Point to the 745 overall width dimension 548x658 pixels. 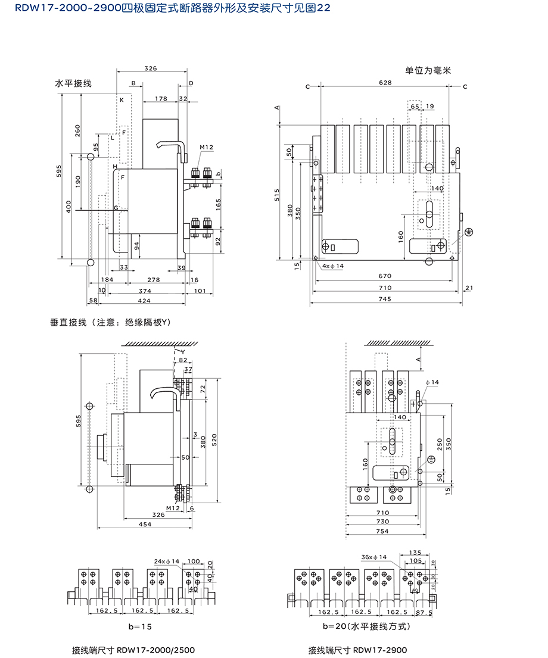pyautogui.click(x=385, y=299)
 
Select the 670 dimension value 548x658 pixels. pyautogui.click(x=385, y=276)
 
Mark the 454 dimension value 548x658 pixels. pyautogui.click(x=145, y=524)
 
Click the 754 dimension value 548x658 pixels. pyautogui.click(x=383, y=531)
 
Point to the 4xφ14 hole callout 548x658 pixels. pyautogui.click(x=331, y=266)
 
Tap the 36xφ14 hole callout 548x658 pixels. pyautogui.click(x=373, y=557)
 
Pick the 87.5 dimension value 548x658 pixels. pyautogui.click(x=423, y=612)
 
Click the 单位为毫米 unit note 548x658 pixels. pyautogui.click(x=429, y=70)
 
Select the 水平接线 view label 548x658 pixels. pyautogui.click(x=73, y=83)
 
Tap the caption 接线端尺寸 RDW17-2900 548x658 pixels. pyautogui.click(x=357, y=650)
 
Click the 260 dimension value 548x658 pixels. pyautogui.click(x=78, y=130)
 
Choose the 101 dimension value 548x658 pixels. pyautogui.click(x=200, y=291)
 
